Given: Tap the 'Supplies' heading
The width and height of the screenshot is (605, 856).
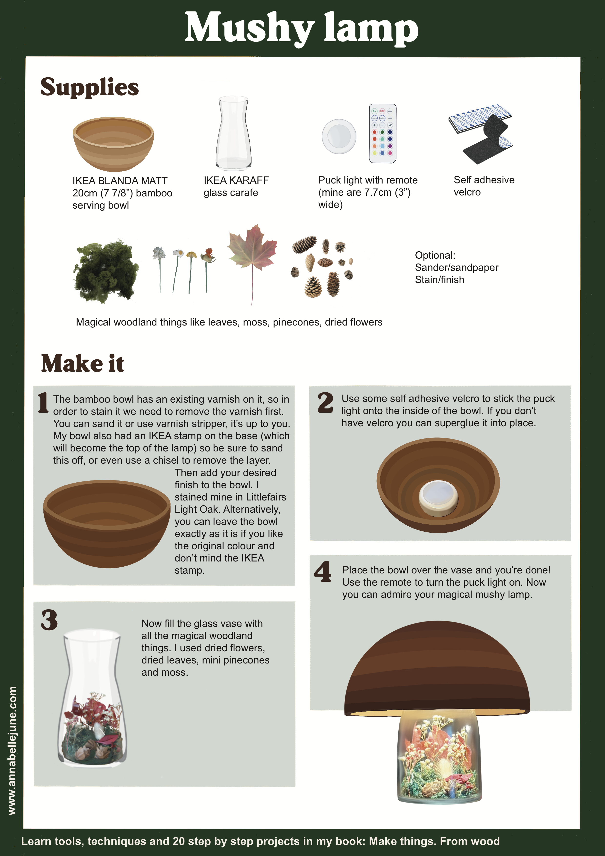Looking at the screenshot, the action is pos(90,87).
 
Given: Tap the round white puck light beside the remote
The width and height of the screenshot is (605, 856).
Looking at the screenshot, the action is pos(339,136).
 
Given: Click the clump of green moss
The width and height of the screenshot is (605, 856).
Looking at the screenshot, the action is pos(106,271).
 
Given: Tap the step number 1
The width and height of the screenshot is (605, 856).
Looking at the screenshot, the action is pos(43,402).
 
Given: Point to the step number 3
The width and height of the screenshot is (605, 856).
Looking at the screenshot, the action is pos(50,620).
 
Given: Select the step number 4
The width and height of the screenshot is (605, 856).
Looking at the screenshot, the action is pos(323,571).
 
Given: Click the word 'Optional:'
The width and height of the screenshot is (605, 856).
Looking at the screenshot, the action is pos(435,255).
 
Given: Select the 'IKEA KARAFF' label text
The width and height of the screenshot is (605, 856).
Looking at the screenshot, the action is pos(236,180).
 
